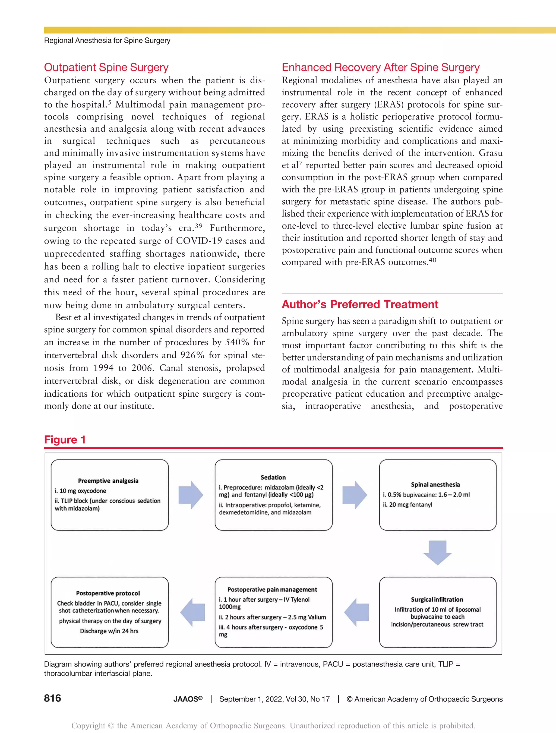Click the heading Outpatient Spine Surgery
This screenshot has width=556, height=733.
pos(106,67)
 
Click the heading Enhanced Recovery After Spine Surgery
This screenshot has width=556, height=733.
pos(380,67)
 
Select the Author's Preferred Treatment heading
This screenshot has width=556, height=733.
pos(360,304)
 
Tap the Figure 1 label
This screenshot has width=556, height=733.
pos(65,440)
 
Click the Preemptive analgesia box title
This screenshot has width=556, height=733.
pos(108,481)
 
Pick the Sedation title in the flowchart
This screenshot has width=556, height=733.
pos(273,478)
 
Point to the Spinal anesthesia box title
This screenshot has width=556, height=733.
pos(435,485)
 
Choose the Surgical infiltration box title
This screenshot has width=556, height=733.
pos(437,599)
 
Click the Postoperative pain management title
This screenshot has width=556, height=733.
pos(272,589)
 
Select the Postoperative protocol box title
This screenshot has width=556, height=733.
pos(108,593)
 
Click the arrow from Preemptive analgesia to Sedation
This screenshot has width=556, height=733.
pos(191,495)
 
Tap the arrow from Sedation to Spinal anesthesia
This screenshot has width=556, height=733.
pos(354,495)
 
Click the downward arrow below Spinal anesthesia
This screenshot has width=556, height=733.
pos(437,552)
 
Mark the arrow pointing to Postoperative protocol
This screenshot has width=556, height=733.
pos(193,612)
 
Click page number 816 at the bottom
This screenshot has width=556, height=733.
pos(52,698)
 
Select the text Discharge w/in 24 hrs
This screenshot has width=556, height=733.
pos(109,631)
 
